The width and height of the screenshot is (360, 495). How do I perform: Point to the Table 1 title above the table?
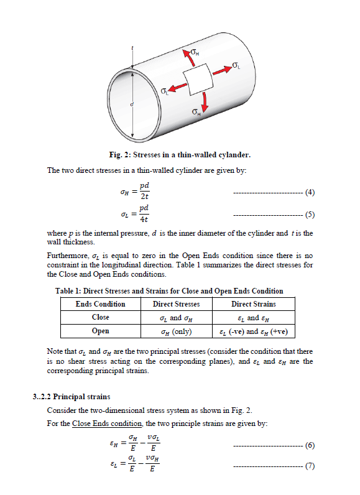[x=169, y=290]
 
